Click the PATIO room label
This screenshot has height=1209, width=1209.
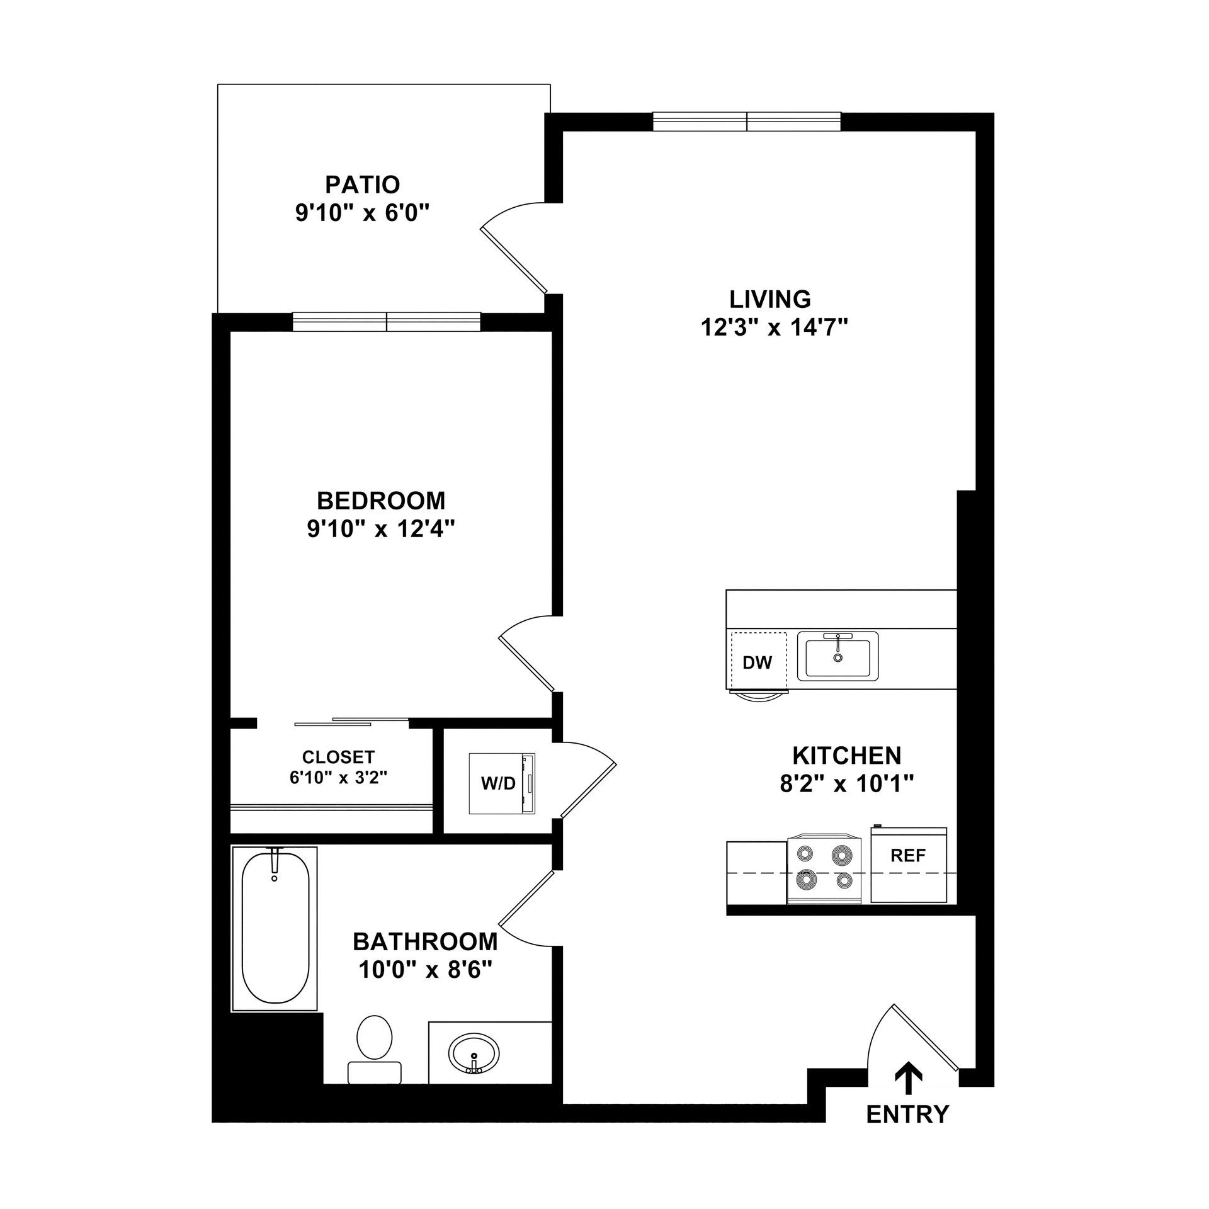click(x=362, y=184)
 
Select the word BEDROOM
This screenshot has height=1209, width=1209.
click(x=381, y=501)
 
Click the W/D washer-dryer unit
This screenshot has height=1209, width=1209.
click(x=502, y=783)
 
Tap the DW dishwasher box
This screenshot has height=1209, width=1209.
click(x=758, y=662)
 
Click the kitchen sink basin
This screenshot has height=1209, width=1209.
click(x=837, y=658)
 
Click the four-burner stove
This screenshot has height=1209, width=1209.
click(x=824, y=870)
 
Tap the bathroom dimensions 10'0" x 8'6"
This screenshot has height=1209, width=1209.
click(x=425, y=970)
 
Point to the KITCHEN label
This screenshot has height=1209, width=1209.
click(x=846, y=755)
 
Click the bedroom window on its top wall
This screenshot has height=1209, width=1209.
click(x=387, y=321)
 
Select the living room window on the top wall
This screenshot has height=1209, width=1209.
click(x=746, y=122)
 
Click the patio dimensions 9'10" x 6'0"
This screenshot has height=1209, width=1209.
click(x=362, y=213)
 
